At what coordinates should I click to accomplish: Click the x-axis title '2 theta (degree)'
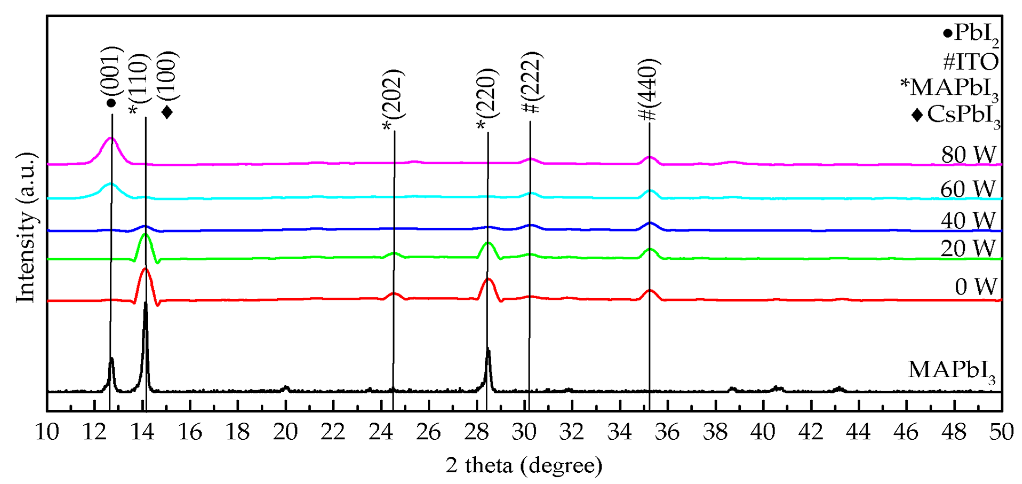[524, 465]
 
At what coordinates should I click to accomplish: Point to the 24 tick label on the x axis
[380, 432]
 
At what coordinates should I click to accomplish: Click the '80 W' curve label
[968, 155]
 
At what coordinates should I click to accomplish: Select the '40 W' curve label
[968, 221]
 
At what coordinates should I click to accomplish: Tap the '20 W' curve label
[968, 249]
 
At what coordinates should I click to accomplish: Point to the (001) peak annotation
[111, 76]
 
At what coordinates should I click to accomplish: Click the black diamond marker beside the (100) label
[167, 112]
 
